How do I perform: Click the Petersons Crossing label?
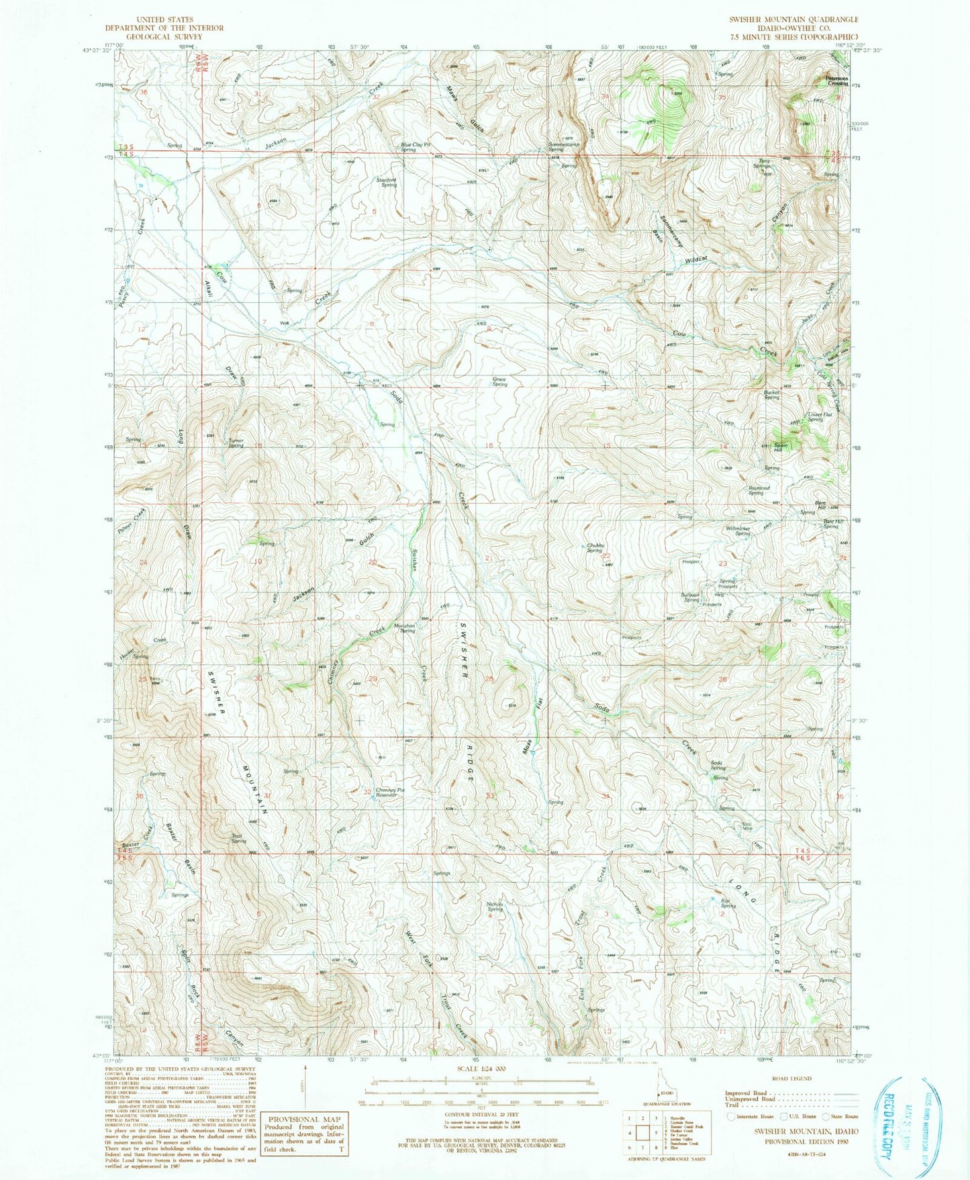[x=837, y=80]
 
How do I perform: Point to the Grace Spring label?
[x=499, y=381]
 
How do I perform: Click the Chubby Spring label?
[x=595, y=547]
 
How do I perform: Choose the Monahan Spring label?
[x=405, y=628]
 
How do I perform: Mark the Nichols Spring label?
[x=495, y=906]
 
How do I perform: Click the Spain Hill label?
[x=779, y=446]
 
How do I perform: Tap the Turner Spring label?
[x=236, y=443]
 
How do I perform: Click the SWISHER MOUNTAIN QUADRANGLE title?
[x=793, y=20]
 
